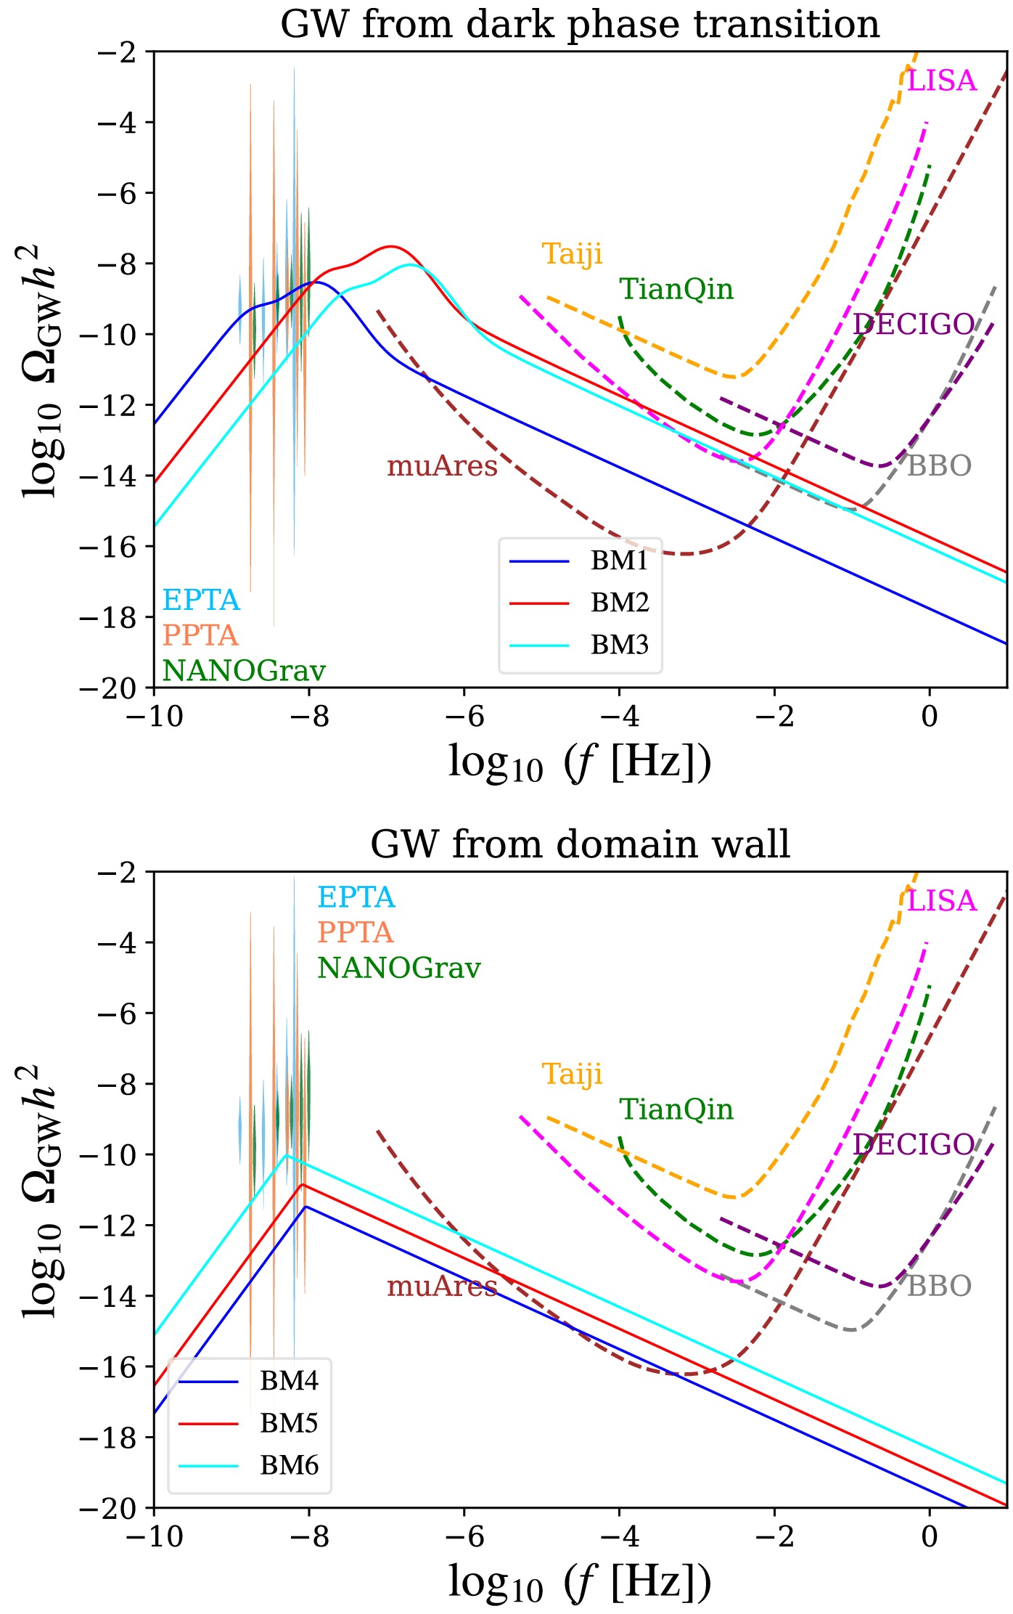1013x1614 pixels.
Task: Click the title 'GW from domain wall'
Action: pyautogui.click(x=579, y=844)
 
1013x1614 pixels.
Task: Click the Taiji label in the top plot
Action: pyautogui.click(x=572, y=253)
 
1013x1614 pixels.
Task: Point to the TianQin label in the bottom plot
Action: pyautogui.click(x=676, y=1109)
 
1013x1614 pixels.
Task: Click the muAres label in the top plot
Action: pyautogui.click(x=442, y=465)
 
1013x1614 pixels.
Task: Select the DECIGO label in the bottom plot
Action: pyautogui.click(x=913, y=1144)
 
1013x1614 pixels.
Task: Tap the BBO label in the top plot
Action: pyautogui.click(x=939, y=465)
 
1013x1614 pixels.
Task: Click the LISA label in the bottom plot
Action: pyautogui.click(x=942, y=901)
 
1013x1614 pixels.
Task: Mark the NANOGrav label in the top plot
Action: pyautogui.click(x=243, y=670)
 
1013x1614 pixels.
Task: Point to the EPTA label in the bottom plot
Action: pyautogui.click(x=356, y=897)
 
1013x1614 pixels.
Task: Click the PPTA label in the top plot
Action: pyautogui.click(x=200, y=635)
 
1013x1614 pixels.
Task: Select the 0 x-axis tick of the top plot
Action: pyautogui.click(x=930, y=716)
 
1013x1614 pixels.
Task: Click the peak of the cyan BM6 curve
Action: pyautogui.click(x=286, y=1154)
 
